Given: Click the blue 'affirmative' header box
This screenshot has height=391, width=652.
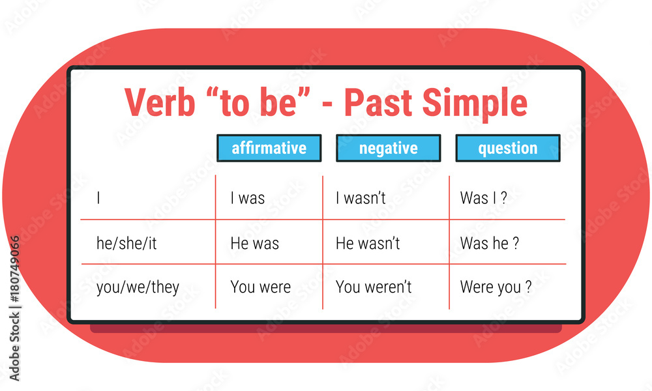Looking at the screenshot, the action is [269, 148].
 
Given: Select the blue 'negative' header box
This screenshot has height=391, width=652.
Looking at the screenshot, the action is [389, 148].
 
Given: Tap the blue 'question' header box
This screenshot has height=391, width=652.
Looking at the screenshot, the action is [508, 148].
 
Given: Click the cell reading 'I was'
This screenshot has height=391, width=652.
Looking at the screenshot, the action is [248, 198].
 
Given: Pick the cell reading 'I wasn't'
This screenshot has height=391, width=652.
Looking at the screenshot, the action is [361, 198].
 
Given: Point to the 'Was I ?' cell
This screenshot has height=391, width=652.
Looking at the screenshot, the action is [484, 198].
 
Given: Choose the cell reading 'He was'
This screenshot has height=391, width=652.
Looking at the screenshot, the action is [254, 243].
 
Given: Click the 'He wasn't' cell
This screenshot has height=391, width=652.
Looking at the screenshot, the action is [368, 243].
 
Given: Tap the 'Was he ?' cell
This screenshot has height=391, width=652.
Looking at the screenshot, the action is [490, 243].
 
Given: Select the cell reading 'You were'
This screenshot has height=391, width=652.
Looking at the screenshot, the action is [261, 287].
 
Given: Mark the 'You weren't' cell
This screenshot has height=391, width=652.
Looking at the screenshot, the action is [374, 287].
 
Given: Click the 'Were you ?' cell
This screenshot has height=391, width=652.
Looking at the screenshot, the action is [496, 287].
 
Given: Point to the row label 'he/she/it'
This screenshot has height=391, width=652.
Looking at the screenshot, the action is [126, 243].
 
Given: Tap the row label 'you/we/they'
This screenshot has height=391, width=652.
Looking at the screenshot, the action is [138, 287].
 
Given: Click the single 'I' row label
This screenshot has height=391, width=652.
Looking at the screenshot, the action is [98, 198].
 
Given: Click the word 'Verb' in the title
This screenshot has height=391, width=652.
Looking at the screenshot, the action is [160, 102].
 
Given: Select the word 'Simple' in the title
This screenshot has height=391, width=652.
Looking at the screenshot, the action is [475, 104].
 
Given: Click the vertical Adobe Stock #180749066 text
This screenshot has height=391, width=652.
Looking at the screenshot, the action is [14, 308].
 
